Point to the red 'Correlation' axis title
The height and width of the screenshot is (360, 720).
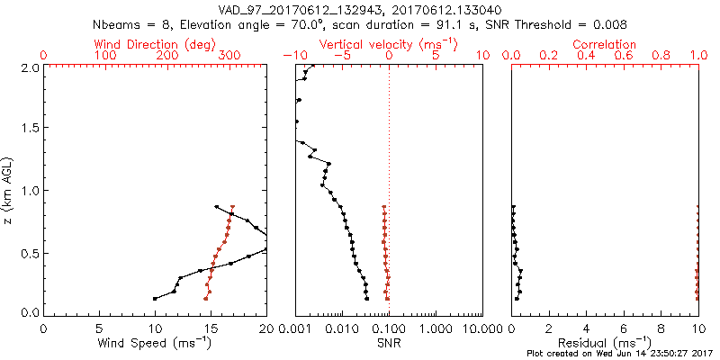605,44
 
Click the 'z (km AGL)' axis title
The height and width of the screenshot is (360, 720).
9,190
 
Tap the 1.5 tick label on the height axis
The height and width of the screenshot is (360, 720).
31,129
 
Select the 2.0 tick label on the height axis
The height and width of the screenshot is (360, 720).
31,67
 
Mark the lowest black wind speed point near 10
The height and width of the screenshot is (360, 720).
155,298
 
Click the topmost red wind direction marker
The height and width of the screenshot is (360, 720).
233,207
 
